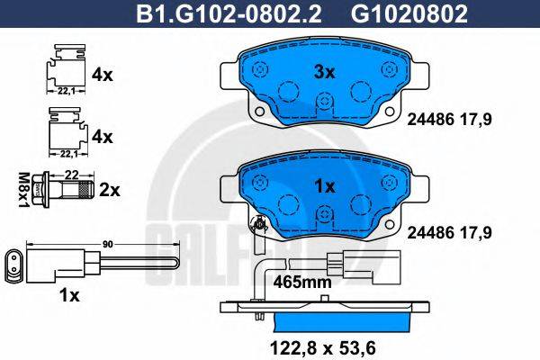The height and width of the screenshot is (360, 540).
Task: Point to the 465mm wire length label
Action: click(x=302, y=282)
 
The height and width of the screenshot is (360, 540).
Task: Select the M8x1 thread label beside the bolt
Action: click(x=26, y=189)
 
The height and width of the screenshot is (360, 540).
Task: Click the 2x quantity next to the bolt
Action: click(x=110, y=191)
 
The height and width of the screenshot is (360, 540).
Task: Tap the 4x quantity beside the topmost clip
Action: click(x=103, y=76)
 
